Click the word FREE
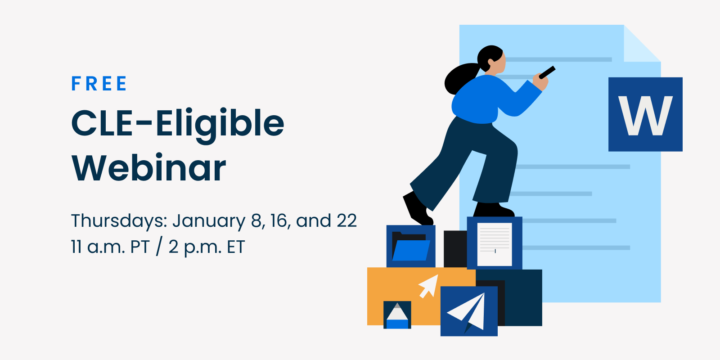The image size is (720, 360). [x=99, y=84]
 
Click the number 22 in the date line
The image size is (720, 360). [x=347, y=221]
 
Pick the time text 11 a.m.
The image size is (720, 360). [x=98, y=247]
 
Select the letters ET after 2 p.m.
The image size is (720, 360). [x=236, y=247]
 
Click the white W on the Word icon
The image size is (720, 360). [x=645, y=116]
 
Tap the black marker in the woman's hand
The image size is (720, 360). [x=547, y=72]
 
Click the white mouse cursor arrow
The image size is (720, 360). [x=429, y=286]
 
